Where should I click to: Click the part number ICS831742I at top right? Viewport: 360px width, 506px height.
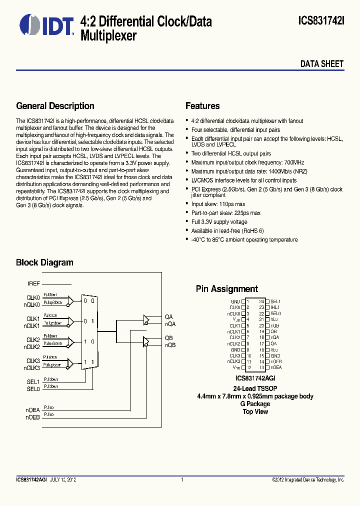click(321, 21)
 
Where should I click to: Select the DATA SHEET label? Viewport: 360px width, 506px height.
click(321, 64)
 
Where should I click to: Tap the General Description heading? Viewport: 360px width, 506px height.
click(55, 106)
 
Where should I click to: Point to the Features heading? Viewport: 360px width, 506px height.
click(202, 106)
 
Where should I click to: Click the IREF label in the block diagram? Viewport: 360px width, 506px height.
click(33, 283)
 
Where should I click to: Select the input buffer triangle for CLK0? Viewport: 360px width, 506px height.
click(70, 300)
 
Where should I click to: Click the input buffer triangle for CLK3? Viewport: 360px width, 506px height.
click(70, 363)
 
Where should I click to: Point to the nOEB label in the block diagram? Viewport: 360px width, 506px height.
click(33, 416)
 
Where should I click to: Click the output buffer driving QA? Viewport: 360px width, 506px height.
click(146, 319)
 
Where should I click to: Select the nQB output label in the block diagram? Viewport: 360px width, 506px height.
click(170, 345)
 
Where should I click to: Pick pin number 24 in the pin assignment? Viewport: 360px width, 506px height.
click(261, 301)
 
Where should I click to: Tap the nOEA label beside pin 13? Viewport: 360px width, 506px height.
click(276, 367)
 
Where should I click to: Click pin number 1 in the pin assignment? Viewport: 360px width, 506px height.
click(247, 301)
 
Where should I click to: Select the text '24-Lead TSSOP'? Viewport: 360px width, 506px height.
click(254, 388)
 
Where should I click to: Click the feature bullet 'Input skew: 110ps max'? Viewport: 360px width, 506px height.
click(218, 204)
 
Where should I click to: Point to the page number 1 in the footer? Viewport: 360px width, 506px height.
click(182, 479)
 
